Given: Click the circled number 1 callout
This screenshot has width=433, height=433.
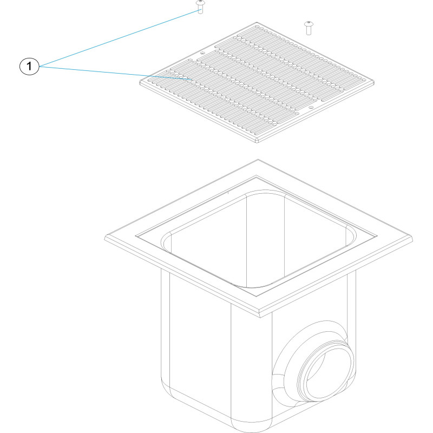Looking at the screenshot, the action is pyautogui.click(x=29, y=66).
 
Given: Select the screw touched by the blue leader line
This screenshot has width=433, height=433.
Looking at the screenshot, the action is pyautogui.click(x=200, y=7).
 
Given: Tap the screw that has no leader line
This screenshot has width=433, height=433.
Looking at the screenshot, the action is pyautogui.click(x=309, y=28).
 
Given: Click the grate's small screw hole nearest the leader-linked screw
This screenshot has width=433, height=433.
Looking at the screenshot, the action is pyautogui.click(x=202, y=53).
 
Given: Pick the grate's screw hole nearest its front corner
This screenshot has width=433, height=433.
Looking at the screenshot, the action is pyautogui.click(x=311, y=107).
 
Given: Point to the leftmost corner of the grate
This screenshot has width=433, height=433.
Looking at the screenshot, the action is pyautogui.click(x=140, y=82).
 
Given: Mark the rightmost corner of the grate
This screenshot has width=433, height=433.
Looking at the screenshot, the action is pyautogui.click(x=374, y=82).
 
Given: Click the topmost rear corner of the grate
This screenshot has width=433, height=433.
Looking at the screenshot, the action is pyautogui.click(x=257, y=22).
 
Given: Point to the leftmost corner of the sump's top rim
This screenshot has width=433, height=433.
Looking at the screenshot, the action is pyautogui.click(x=105, y=238).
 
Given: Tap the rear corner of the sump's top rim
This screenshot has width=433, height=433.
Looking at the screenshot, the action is pyautogui.click(x=258, y=160).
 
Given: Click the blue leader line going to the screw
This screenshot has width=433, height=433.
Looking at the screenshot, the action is pyautogui.click(x=120, y=38).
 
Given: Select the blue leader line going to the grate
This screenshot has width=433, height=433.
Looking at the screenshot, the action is pyautogui.click(x=115, y=73).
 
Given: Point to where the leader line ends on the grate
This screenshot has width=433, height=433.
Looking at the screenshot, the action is pyautogui.click(x=192, y=80).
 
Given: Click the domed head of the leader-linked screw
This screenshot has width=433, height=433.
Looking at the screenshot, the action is pyautogui.click(x=200, y=3).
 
